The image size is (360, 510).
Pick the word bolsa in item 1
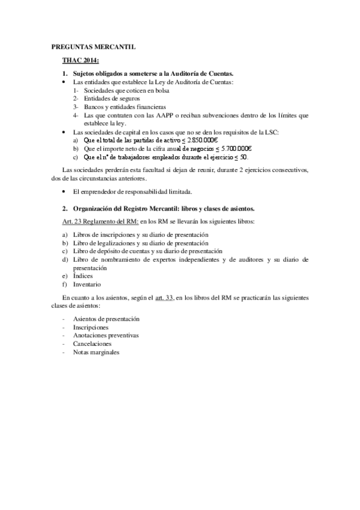click(x=160, y=91)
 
